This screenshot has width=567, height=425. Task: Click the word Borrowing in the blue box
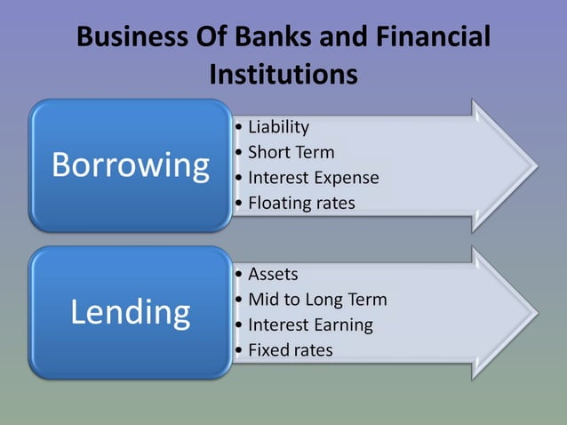(x=131, y=165)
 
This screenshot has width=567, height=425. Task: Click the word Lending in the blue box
(x=131, y=312)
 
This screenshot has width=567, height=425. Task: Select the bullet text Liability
(x=278, y=127)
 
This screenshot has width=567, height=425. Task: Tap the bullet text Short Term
(x=291, y=152)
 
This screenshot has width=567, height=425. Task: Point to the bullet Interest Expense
(x=313, y=178)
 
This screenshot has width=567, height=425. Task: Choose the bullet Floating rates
(x=301, y=203)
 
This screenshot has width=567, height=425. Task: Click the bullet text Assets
(x=273, y=274)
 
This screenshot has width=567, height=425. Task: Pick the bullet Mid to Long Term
(x=317, y=299)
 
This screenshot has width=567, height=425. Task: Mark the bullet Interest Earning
(x=310, y=325)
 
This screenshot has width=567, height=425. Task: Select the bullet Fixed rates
(x=290, y=349)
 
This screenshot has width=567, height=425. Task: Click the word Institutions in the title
(x=283, y=74)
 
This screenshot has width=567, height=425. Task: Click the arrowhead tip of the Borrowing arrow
(x=536, y=165)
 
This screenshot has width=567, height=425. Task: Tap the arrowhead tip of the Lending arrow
(x=536, y=312)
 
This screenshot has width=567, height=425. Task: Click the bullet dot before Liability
(x=239, y=128)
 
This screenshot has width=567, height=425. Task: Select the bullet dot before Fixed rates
(x=239, y=350)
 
